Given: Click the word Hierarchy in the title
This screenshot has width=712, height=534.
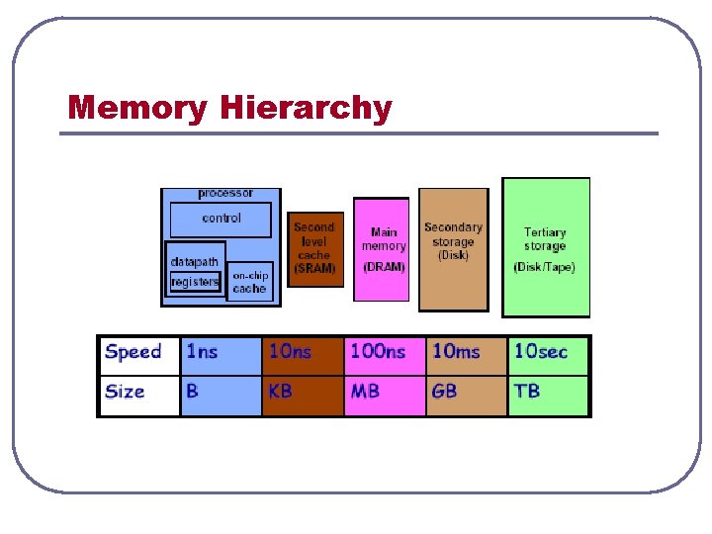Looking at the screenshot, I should pos(307,107).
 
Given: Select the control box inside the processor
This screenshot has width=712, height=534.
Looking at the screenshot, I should pos(221,219).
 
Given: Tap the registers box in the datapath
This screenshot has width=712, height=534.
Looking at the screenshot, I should pos(194,282).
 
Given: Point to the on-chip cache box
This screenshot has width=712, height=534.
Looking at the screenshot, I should pos(249,282).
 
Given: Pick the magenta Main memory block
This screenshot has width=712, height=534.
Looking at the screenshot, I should pos(382,249).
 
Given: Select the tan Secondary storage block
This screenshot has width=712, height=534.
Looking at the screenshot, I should pos(453,249).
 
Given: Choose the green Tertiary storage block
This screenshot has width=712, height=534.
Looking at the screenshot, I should pos(545,247).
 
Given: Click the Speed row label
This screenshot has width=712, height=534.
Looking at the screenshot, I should pos(134,352).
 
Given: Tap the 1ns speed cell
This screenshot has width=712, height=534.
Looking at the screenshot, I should pos(220,353).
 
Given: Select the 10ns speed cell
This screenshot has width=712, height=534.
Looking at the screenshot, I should pos(302,353).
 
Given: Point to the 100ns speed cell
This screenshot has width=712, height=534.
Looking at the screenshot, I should pos(384,353).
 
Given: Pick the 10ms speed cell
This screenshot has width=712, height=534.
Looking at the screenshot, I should pos(466,353).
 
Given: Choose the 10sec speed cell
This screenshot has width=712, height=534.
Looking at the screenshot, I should pos(548,353).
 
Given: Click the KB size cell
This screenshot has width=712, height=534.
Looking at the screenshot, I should pos(302,393).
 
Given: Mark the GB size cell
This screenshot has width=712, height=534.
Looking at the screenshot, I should pos(466,393).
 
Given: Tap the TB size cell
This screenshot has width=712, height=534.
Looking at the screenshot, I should pos(548,393).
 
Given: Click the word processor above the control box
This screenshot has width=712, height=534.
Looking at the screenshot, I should pos(225,193).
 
